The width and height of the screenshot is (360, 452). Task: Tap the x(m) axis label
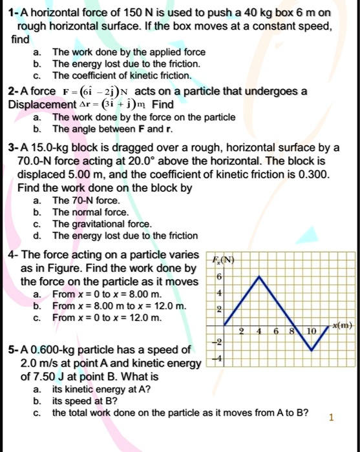(343, 328)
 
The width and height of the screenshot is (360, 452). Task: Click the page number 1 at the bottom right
(332, 417)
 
